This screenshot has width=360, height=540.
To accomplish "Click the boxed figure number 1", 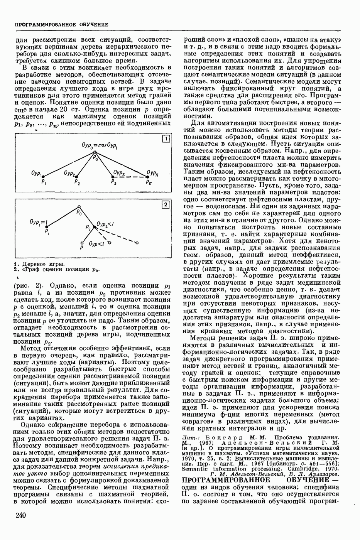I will [x=165, y=139].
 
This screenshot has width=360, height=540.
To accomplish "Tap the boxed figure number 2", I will [x=165, y=205].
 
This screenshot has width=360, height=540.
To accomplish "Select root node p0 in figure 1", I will [x=94, y=154].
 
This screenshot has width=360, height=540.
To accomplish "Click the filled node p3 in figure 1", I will [x=112, y=177].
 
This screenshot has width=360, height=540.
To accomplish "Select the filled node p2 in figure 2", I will [x=93, y=227].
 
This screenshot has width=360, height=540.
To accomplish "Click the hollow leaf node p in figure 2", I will [x=82, y=243].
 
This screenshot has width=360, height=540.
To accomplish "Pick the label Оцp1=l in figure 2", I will [x=38, y=222].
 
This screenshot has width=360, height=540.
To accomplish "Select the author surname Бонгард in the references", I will [x=223, y=437].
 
